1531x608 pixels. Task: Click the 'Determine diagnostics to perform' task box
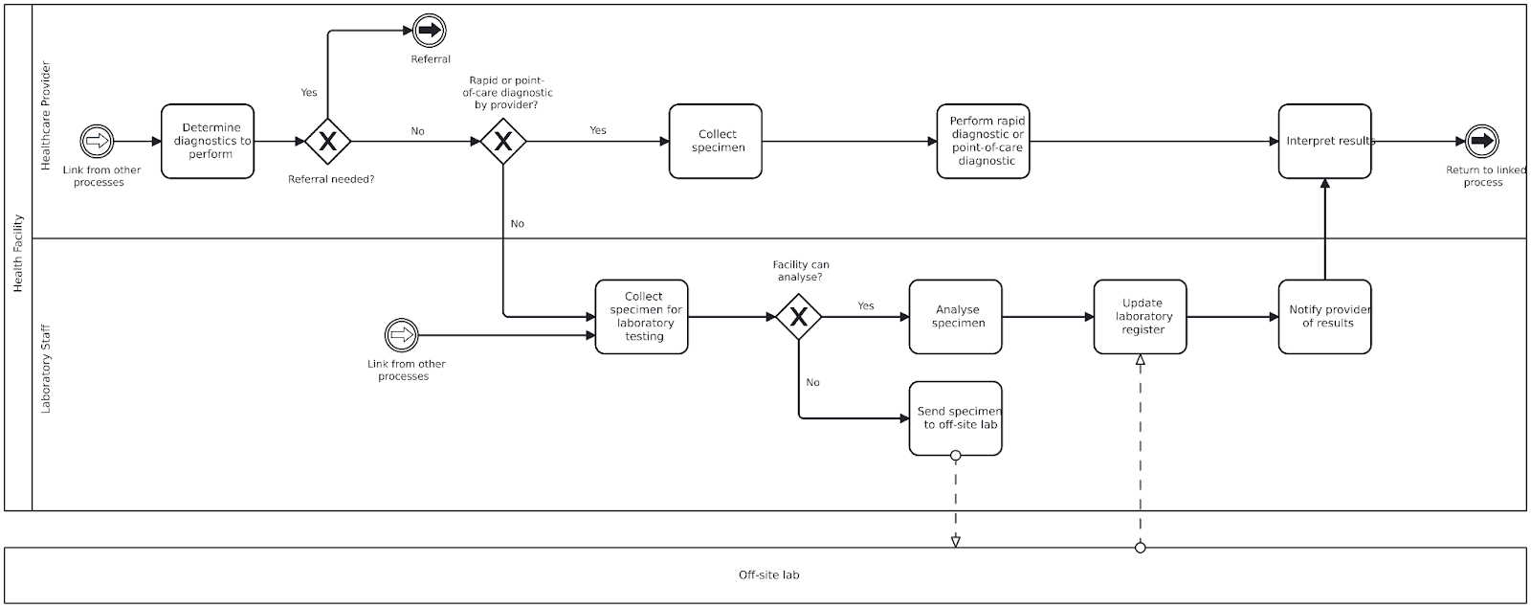[x=208, y=142]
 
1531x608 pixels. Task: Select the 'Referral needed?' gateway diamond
[x=328, y=142]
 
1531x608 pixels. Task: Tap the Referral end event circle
[x=429, y=32]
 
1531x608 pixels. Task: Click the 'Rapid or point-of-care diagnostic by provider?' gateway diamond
[x=503, y=142]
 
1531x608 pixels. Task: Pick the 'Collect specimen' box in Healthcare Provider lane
[x=716, y=142]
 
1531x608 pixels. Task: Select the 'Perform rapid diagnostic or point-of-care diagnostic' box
[x=984, y=142]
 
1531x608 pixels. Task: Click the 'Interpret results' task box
[x=1325, y=142]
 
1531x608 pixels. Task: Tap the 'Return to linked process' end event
[x=1482, y=142]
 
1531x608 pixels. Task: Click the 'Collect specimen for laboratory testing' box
[x=642, y=317]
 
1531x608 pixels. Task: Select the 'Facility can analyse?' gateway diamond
[x=799, y=317]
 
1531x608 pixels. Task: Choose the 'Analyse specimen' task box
[x=956, y=317]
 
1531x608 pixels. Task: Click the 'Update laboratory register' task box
[x=1141, y=317]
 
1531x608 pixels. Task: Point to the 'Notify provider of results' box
[x=1325, y=317]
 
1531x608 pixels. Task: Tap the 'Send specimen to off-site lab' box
[x=956, y=418]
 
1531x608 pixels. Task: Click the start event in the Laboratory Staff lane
[x=402, y=335]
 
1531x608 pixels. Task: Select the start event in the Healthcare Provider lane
[x=97, y=142]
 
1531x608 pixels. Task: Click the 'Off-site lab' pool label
[x=768, y=575]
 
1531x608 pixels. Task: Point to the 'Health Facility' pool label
[x=17, y=254]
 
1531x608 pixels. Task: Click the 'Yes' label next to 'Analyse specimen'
[x=866, y=306]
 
